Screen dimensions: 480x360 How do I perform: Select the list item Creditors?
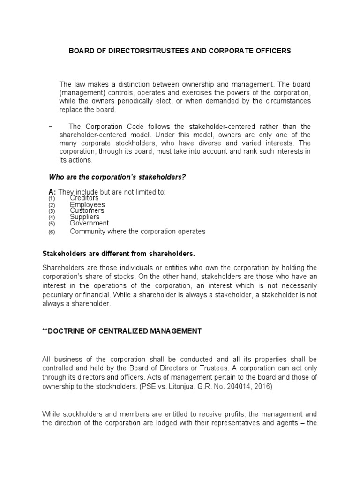[x=84, y=198]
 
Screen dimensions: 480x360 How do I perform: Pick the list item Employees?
[x=87, y=205]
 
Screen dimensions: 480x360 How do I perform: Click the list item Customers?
[x=87, y=211]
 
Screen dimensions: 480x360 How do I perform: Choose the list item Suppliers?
[x=85, y=217]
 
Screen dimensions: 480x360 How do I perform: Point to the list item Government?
[x=89, y=223]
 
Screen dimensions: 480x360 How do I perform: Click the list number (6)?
[x=52, y=232]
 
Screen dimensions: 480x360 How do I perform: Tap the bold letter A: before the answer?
[x=52, y=192]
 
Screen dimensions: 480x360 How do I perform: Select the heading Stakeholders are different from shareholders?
[x=118, y=254]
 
